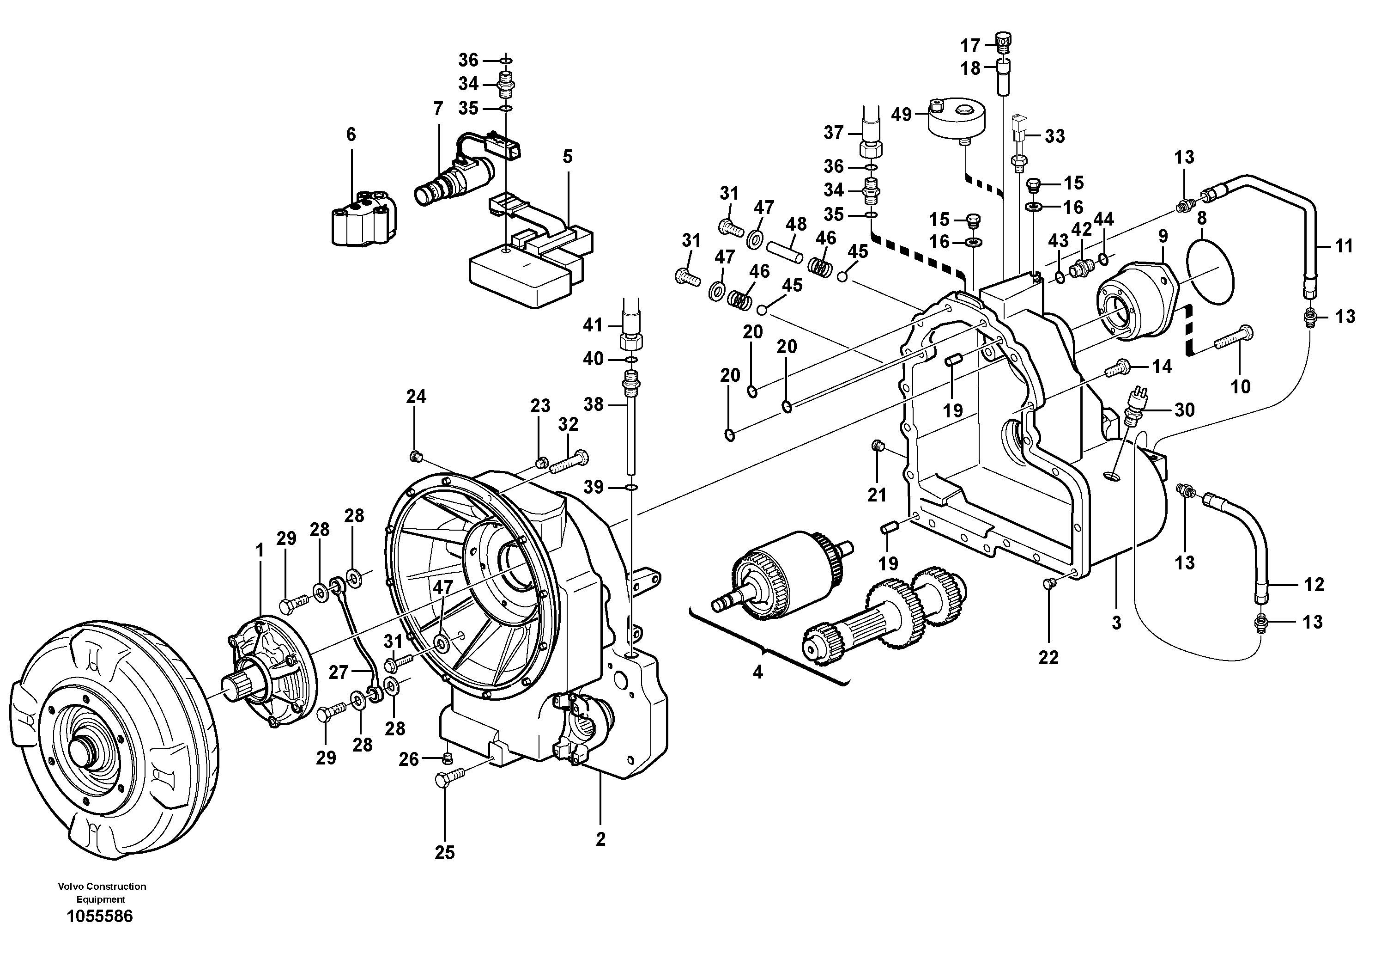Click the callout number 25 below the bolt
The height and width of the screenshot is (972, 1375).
click(445, 852)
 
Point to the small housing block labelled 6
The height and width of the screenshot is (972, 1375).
click(364, 218)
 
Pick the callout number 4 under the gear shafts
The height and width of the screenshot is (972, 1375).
click(757, 672)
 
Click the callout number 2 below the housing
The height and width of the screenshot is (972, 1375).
click(600, 839)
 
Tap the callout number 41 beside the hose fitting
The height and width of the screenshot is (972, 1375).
click(593, 325)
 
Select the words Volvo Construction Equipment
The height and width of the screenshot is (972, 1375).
click(102, 893)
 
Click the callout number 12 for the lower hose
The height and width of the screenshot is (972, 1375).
click(1314, 584)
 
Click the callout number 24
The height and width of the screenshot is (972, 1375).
click(416, 396)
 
